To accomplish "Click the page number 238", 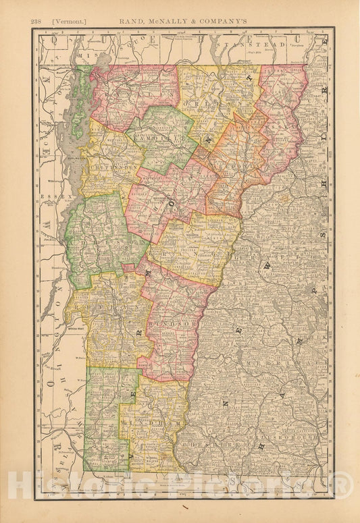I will click(x=37, y=21).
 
